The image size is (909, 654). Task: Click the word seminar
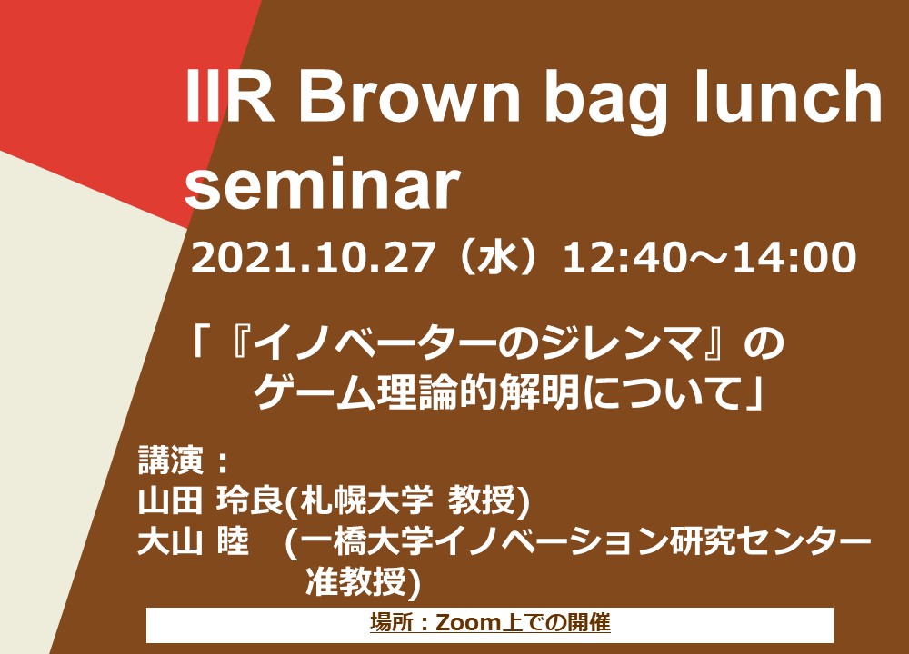323,183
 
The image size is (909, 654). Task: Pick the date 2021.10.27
313,257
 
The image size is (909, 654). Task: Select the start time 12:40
632,257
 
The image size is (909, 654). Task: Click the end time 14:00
794,257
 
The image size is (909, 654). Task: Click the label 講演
171,461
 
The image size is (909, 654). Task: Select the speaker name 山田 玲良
210,500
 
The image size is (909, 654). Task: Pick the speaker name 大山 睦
193,541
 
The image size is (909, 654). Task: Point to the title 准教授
356,581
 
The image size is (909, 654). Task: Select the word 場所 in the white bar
390,623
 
